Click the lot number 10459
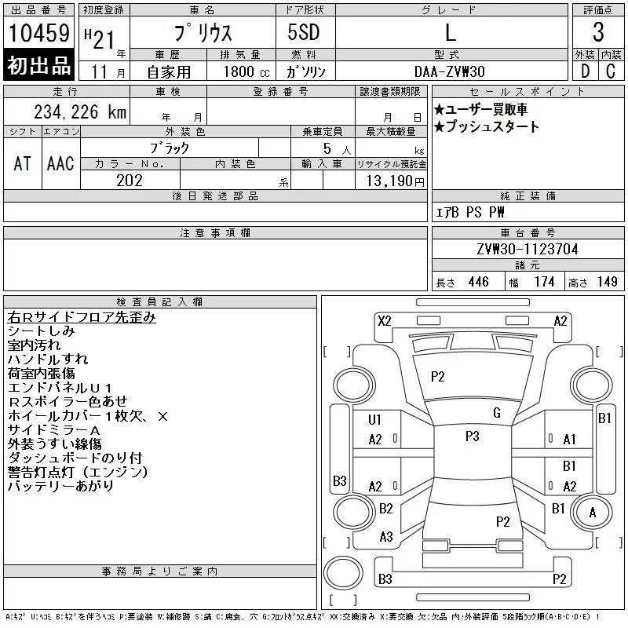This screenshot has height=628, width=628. pos(38,32)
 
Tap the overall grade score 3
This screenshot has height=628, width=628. pos(598,32)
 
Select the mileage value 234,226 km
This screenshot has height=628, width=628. pos(80,112)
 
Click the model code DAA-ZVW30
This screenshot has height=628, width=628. pos(449,71)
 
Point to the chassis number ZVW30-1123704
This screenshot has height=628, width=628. pos(528,249)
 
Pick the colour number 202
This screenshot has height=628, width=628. pos(130,181)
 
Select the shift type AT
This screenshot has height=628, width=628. pos(22,163)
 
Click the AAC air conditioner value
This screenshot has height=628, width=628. pos(60,163)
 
